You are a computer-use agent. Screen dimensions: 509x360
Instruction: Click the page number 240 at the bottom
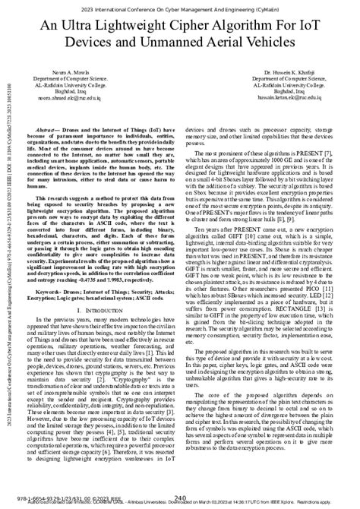coord(180,498)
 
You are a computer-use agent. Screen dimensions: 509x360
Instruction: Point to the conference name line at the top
coord(180,8)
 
